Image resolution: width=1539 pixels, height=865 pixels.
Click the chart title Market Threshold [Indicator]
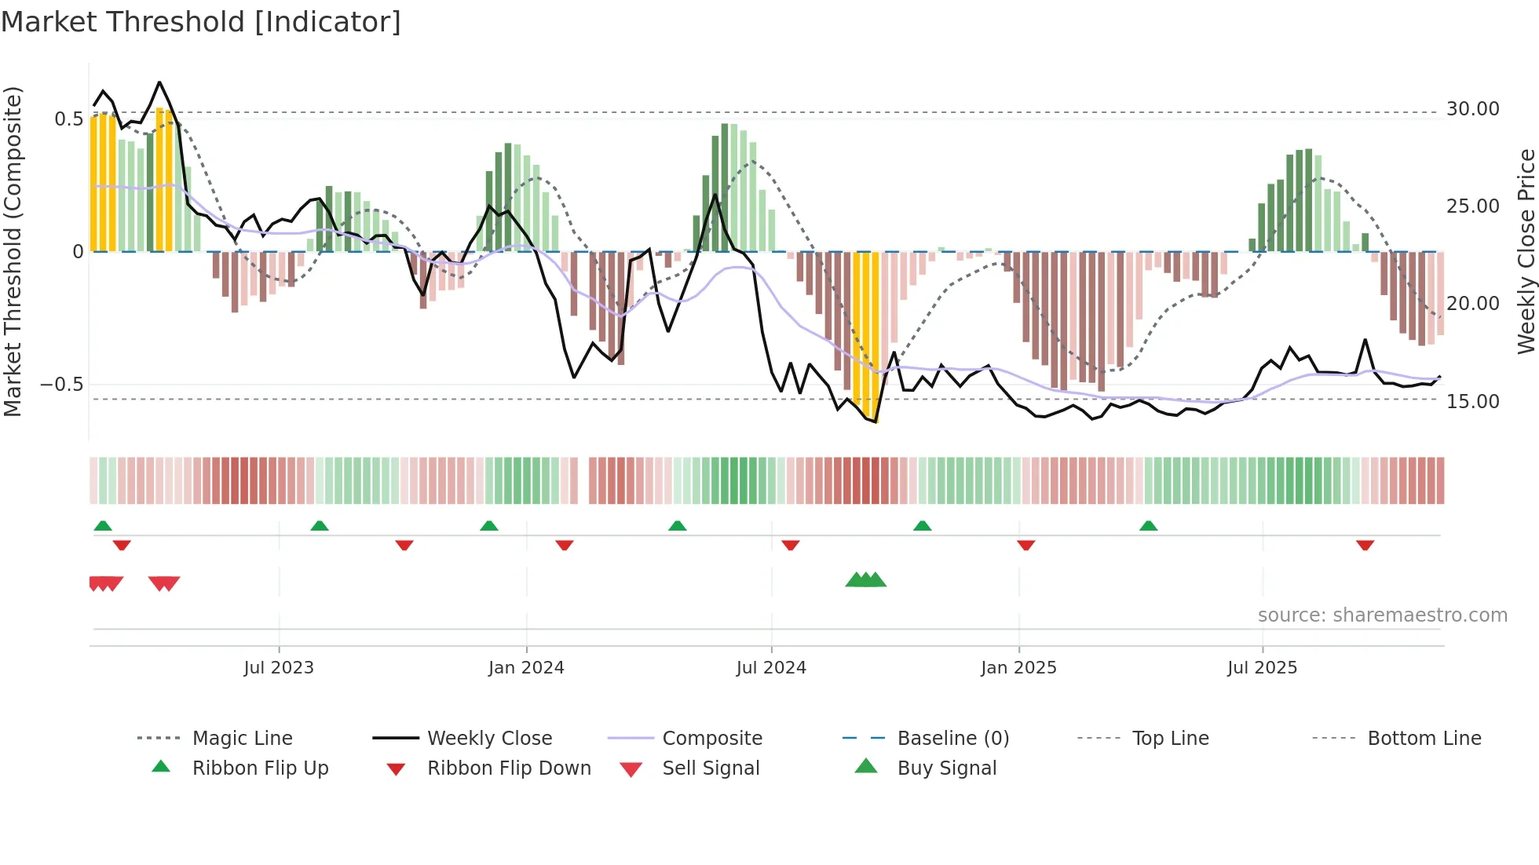(201, 22)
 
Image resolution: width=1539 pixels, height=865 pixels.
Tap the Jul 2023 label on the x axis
(278, 668)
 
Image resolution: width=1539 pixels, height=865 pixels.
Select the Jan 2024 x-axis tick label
(526, 668)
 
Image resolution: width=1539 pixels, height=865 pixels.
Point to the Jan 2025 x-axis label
(1018, 668)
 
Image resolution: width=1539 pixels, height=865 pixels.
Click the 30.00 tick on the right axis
(1472, 109)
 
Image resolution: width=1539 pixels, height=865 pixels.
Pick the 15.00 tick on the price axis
(1472, 402)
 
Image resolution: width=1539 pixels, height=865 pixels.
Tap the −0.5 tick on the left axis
(61, 385)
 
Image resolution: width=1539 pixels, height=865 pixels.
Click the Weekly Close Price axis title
(1526, 251)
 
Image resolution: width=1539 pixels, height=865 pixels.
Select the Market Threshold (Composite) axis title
(13, 251)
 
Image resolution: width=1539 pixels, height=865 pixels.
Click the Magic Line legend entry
(242, 739)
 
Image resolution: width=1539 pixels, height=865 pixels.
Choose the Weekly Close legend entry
(489, 739)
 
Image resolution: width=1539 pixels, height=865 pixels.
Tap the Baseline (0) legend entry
(952, 739)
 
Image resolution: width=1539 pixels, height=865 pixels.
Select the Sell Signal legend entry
(711, 768)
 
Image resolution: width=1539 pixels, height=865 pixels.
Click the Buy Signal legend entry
(946, 768)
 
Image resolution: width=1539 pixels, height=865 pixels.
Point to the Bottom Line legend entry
(1424, 739)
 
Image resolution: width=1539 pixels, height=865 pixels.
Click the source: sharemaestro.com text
(1382, 615)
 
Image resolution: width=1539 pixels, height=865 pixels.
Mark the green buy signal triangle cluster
(865, 580)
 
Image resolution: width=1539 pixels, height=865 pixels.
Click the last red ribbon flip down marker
(1365, 545)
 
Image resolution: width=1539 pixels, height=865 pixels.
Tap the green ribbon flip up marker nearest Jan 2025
(922, 526)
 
